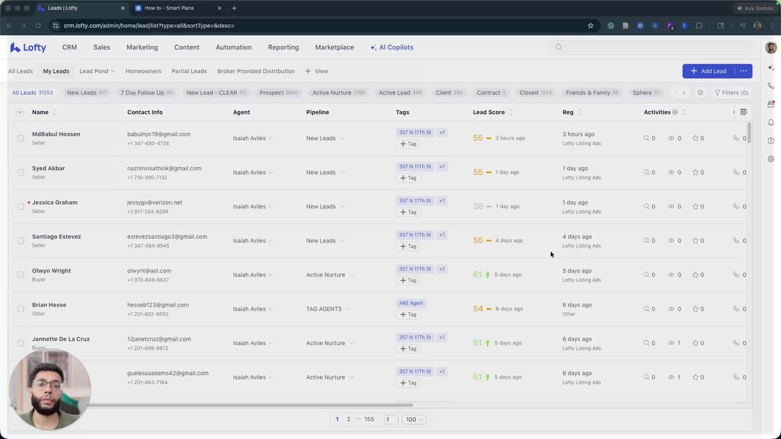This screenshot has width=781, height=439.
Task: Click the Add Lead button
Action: coord(708,71)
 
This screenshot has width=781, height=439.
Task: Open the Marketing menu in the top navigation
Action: coord(142,48)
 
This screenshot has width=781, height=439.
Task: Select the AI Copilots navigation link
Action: coord(392,48)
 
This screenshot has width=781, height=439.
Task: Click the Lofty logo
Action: coord(28,48)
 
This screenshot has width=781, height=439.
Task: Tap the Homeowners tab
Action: coord(143,71)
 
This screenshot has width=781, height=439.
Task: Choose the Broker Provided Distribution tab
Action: coord(256,71)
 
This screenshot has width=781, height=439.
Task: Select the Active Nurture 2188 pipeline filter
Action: coord(338,93)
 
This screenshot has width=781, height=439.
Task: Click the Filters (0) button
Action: coord(731,93)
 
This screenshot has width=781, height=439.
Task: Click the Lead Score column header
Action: coord(489,112)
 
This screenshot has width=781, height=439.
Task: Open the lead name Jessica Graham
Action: coord(55,202)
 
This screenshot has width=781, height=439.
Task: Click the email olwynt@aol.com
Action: coord(149,271)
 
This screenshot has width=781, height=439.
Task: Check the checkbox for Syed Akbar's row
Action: coord(21,173)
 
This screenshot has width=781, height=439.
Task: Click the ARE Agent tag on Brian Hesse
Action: coord(411,303)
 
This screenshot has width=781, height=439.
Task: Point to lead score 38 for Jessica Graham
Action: coord(478,207)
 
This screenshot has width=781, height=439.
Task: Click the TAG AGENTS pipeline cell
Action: coord(324,309)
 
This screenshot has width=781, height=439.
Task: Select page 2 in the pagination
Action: coord(348,419)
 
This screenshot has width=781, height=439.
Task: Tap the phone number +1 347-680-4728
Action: coord(148,144)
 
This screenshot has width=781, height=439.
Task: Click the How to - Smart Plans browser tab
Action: coord(169,9)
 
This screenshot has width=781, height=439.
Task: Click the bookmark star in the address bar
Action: coord(591,26)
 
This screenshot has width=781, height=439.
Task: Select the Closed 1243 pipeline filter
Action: coord(535,93)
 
